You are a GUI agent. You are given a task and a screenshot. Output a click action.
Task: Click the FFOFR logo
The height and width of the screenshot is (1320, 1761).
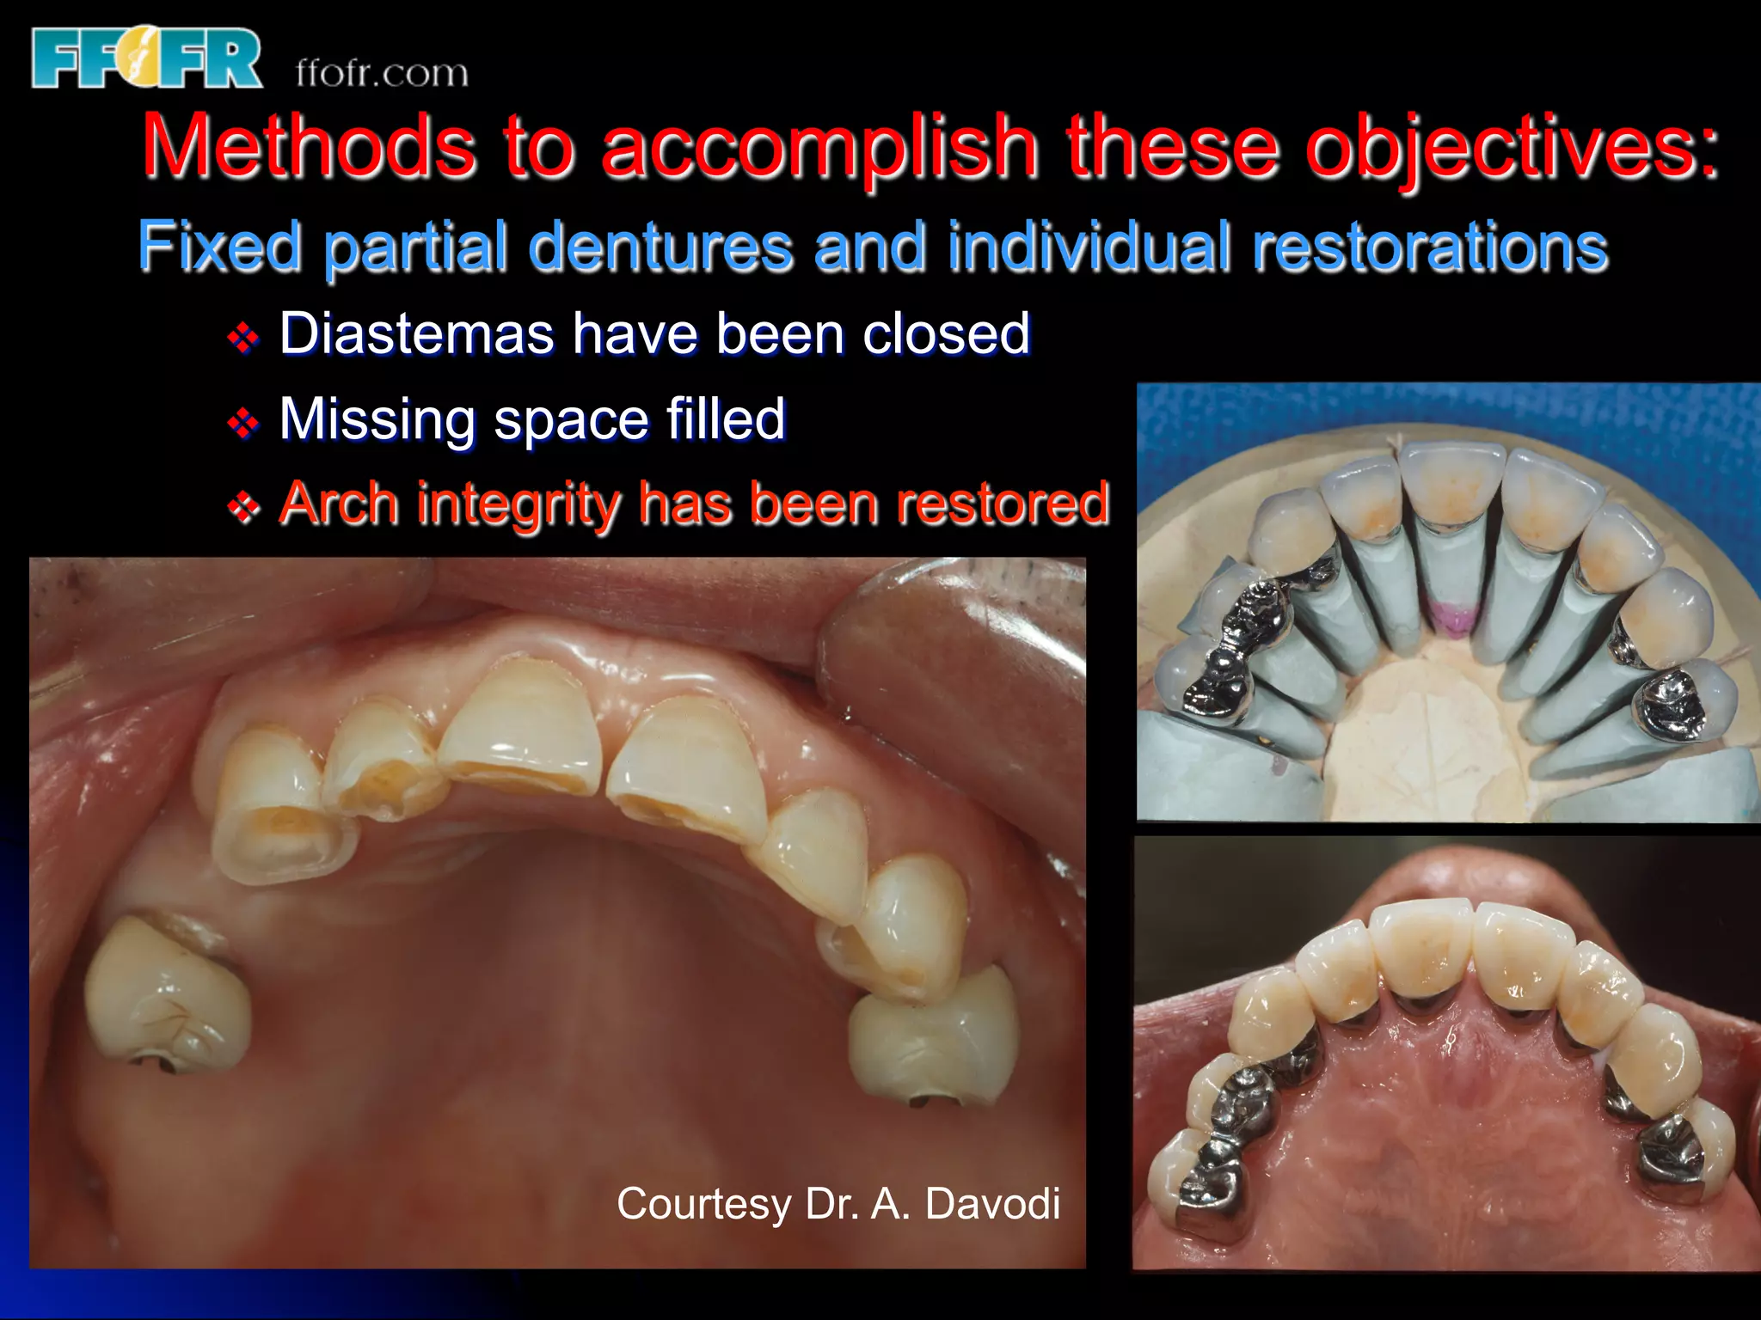click(146, 58)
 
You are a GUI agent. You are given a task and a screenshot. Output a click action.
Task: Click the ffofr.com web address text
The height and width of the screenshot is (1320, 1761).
click(382, 74)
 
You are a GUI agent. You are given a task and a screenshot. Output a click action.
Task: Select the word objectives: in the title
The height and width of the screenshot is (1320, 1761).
click(1512, 148)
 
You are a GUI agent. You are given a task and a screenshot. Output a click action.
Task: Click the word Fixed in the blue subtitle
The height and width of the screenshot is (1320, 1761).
click(220, 247)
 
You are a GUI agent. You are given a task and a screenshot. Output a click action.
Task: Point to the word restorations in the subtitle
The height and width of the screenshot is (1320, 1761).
click(1429, 247)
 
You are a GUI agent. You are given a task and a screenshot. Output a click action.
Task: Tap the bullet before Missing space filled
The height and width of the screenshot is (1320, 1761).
click(243, 423)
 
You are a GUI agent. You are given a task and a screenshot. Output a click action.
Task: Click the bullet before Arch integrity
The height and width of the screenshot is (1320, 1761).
click(243, 507)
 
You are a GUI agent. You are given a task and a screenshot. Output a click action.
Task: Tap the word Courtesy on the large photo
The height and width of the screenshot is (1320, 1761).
click(703, 1203)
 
